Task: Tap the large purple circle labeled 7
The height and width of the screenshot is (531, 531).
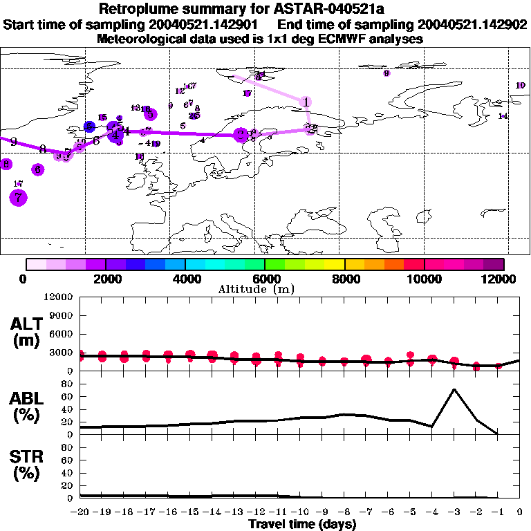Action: [18, 198]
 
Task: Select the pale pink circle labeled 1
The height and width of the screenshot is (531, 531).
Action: [306, 102]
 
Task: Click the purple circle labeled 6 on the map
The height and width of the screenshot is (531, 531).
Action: [38, 169]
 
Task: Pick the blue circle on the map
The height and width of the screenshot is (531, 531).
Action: [89, 127]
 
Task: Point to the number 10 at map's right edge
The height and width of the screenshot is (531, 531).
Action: [521, 85]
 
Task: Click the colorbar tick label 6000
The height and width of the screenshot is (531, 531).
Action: [265, 279]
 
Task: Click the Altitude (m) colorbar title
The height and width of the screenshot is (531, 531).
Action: [265, 289]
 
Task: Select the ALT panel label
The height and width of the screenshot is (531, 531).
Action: [29, 332]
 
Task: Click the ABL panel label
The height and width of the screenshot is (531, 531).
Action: [29, 407]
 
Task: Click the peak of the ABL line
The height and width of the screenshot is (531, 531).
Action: [454, 389]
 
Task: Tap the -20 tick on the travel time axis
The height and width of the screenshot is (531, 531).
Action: [81, 512]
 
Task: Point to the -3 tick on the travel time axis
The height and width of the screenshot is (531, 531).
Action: [454, 512]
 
